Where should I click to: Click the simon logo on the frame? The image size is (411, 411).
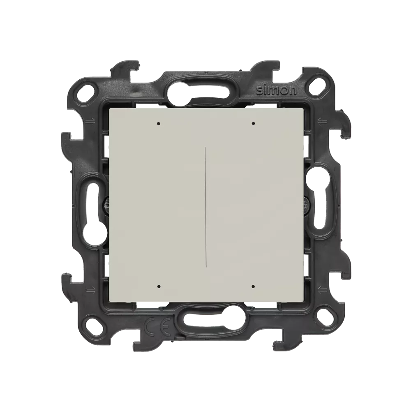pos(277,91)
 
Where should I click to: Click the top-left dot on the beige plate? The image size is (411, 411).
pos(158,123)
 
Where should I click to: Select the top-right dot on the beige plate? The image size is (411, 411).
pos(253,123)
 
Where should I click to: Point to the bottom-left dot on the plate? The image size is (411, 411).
pos(158,286)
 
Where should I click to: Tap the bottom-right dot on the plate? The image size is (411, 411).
pos(253,286)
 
